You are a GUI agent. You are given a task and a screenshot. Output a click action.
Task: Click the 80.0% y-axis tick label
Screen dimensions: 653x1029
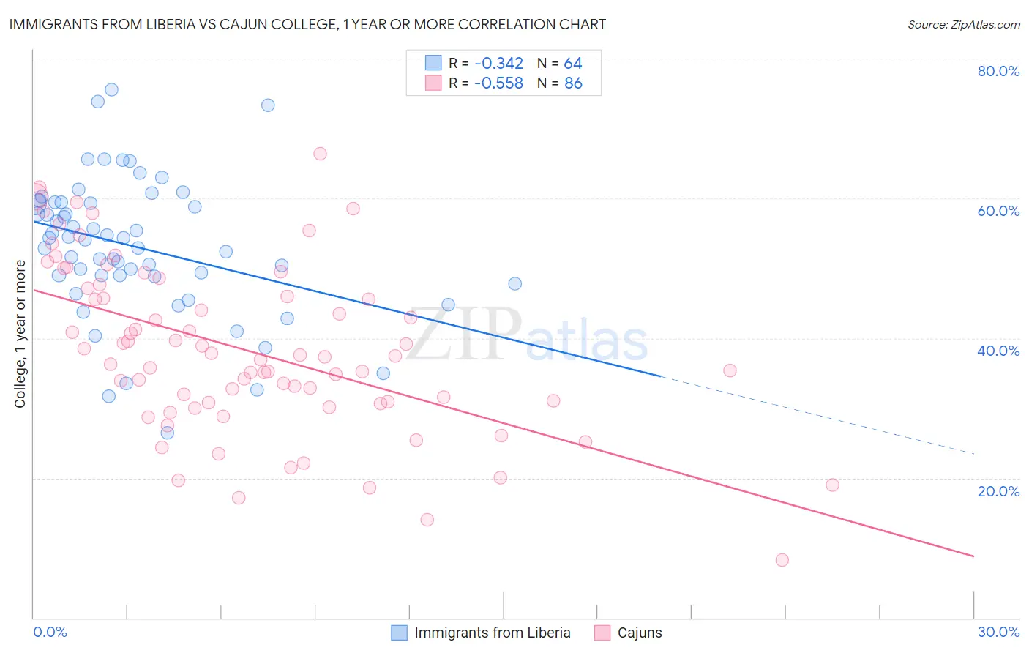coord(998,71)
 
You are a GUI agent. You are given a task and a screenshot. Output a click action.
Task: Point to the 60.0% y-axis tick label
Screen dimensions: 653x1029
coord(998,211)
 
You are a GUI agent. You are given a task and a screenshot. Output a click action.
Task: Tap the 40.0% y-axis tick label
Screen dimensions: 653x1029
coord(998,351)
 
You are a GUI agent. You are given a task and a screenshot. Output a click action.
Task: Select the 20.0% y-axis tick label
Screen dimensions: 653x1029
coord(998,490)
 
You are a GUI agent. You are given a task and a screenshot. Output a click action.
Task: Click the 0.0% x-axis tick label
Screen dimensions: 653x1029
coord(50,632)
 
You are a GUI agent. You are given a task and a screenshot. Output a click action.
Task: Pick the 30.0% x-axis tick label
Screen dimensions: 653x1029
coord(998,632)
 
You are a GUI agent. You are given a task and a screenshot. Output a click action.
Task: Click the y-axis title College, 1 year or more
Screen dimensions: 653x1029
coord(20,334)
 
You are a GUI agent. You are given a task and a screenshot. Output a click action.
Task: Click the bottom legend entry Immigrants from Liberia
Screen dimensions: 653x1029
coord(492,633)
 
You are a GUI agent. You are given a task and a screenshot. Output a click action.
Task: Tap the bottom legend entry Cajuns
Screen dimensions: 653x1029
coord(639,633)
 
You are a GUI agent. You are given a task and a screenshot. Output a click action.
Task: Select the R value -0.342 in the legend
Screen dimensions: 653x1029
coord(498,63)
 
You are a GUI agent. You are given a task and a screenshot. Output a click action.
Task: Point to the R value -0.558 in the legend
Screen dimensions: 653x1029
coord(498,83)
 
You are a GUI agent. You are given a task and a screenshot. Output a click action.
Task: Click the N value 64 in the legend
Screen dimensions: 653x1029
coord(573,63)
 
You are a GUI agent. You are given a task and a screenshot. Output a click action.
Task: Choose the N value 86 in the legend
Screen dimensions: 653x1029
coord(573,83)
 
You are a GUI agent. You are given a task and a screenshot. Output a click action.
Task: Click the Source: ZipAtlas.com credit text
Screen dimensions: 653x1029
coord(963,25)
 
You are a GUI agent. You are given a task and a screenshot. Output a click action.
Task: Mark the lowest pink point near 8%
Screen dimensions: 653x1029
coord(782,560)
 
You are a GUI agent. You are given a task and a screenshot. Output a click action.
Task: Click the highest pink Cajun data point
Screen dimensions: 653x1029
coord(320,154)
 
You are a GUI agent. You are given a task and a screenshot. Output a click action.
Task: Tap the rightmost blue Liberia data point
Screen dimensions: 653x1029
coord(515,283)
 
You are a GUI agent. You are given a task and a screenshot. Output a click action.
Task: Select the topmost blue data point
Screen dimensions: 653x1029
coord(111,89)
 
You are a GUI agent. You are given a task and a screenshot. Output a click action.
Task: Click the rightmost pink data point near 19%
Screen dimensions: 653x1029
coord(832,485)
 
